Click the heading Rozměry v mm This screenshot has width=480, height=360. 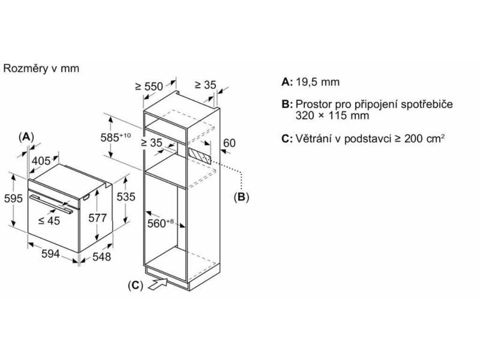pyautogui.click(x=41, y=68)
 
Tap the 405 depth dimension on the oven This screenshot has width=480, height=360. pyautogui.click(x=41, y=161)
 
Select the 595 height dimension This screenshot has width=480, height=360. pyautogui.click(x=13, y=198)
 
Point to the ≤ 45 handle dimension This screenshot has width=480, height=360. pyautogui.click(x=49, y=221)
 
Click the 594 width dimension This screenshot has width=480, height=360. pyautogui.click(x=51, y=254)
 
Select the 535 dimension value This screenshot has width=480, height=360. pyautogui.click(x=126, y=196)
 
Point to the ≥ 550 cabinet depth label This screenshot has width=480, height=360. pyautogui.click(x=149, y=86)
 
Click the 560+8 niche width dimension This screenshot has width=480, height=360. pyautogui.click(x=161, y=224)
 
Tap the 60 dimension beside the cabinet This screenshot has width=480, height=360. pyautogui.click(x=229, y=143)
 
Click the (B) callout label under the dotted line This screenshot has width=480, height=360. pyautogui.click(x=241, y=197)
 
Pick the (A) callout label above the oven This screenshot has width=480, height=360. pyautogui.click(x=26, y=136)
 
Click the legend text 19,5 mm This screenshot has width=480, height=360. pyautogui.click(x=317, y=82)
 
